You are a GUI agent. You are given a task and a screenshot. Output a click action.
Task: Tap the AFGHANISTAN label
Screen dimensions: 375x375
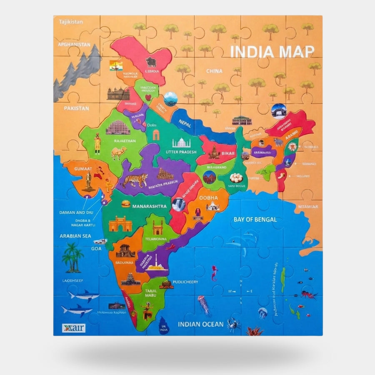pyautogui.click(x=74, y=44)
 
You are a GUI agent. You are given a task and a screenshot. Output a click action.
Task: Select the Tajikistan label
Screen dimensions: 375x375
pyautogui.click(x=71, y=22)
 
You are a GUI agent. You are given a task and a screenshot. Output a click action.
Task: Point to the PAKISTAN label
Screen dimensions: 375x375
pyautogui.click(x=76, y=108)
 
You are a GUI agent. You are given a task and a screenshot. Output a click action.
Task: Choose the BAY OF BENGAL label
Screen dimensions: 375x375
pyautogui.click(x=255, y=219)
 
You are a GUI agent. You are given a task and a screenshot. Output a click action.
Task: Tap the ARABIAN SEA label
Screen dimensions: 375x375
pyautogui.click(x=75, y=236)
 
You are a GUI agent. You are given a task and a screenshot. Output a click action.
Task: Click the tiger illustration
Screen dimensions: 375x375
pyautogui.click(x=134, y=181)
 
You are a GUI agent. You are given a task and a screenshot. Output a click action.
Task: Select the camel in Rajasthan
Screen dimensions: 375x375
pyautogui.click(x=119, y=154)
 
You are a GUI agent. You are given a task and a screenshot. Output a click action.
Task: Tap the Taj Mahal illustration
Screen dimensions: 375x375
pyautogui.click(x=182, y=142)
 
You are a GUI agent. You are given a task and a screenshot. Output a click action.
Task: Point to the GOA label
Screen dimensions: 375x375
pyautogui.click(x=96, y=249)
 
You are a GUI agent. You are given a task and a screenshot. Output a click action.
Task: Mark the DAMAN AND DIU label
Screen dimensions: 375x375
pyautogui.click(x=77, y=212)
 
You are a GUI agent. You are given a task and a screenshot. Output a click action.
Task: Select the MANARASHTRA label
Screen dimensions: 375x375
pyautogui.click(x=149, y=206)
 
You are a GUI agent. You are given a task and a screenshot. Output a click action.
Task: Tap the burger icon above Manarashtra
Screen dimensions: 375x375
pyautogui.click(x=125, y=204)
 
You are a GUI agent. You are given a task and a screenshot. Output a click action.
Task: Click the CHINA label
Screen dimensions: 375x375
pyautogui.click(x=214, y=71)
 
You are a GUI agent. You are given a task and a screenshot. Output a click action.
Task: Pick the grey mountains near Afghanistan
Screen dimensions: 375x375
pyautogui.click(x=77, y=71)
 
